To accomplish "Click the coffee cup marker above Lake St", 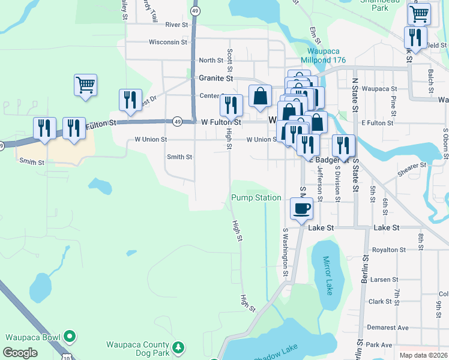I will [x=301, y=209].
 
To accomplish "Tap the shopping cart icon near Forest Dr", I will [x=86, y=85].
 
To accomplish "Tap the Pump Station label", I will [x=256, y=197].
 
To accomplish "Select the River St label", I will [x=177, y=25].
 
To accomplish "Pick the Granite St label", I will [x=216, y=78].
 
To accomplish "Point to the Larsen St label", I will [x=384, y=280].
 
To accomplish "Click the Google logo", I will [x=20, y=353].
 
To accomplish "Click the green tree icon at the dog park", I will [x=178, y=347].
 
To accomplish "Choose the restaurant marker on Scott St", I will [x=231, y=106].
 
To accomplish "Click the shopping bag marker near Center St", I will [x=260, y=97].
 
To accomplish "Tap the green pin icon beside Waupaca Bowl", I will [x=70, y=336].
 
